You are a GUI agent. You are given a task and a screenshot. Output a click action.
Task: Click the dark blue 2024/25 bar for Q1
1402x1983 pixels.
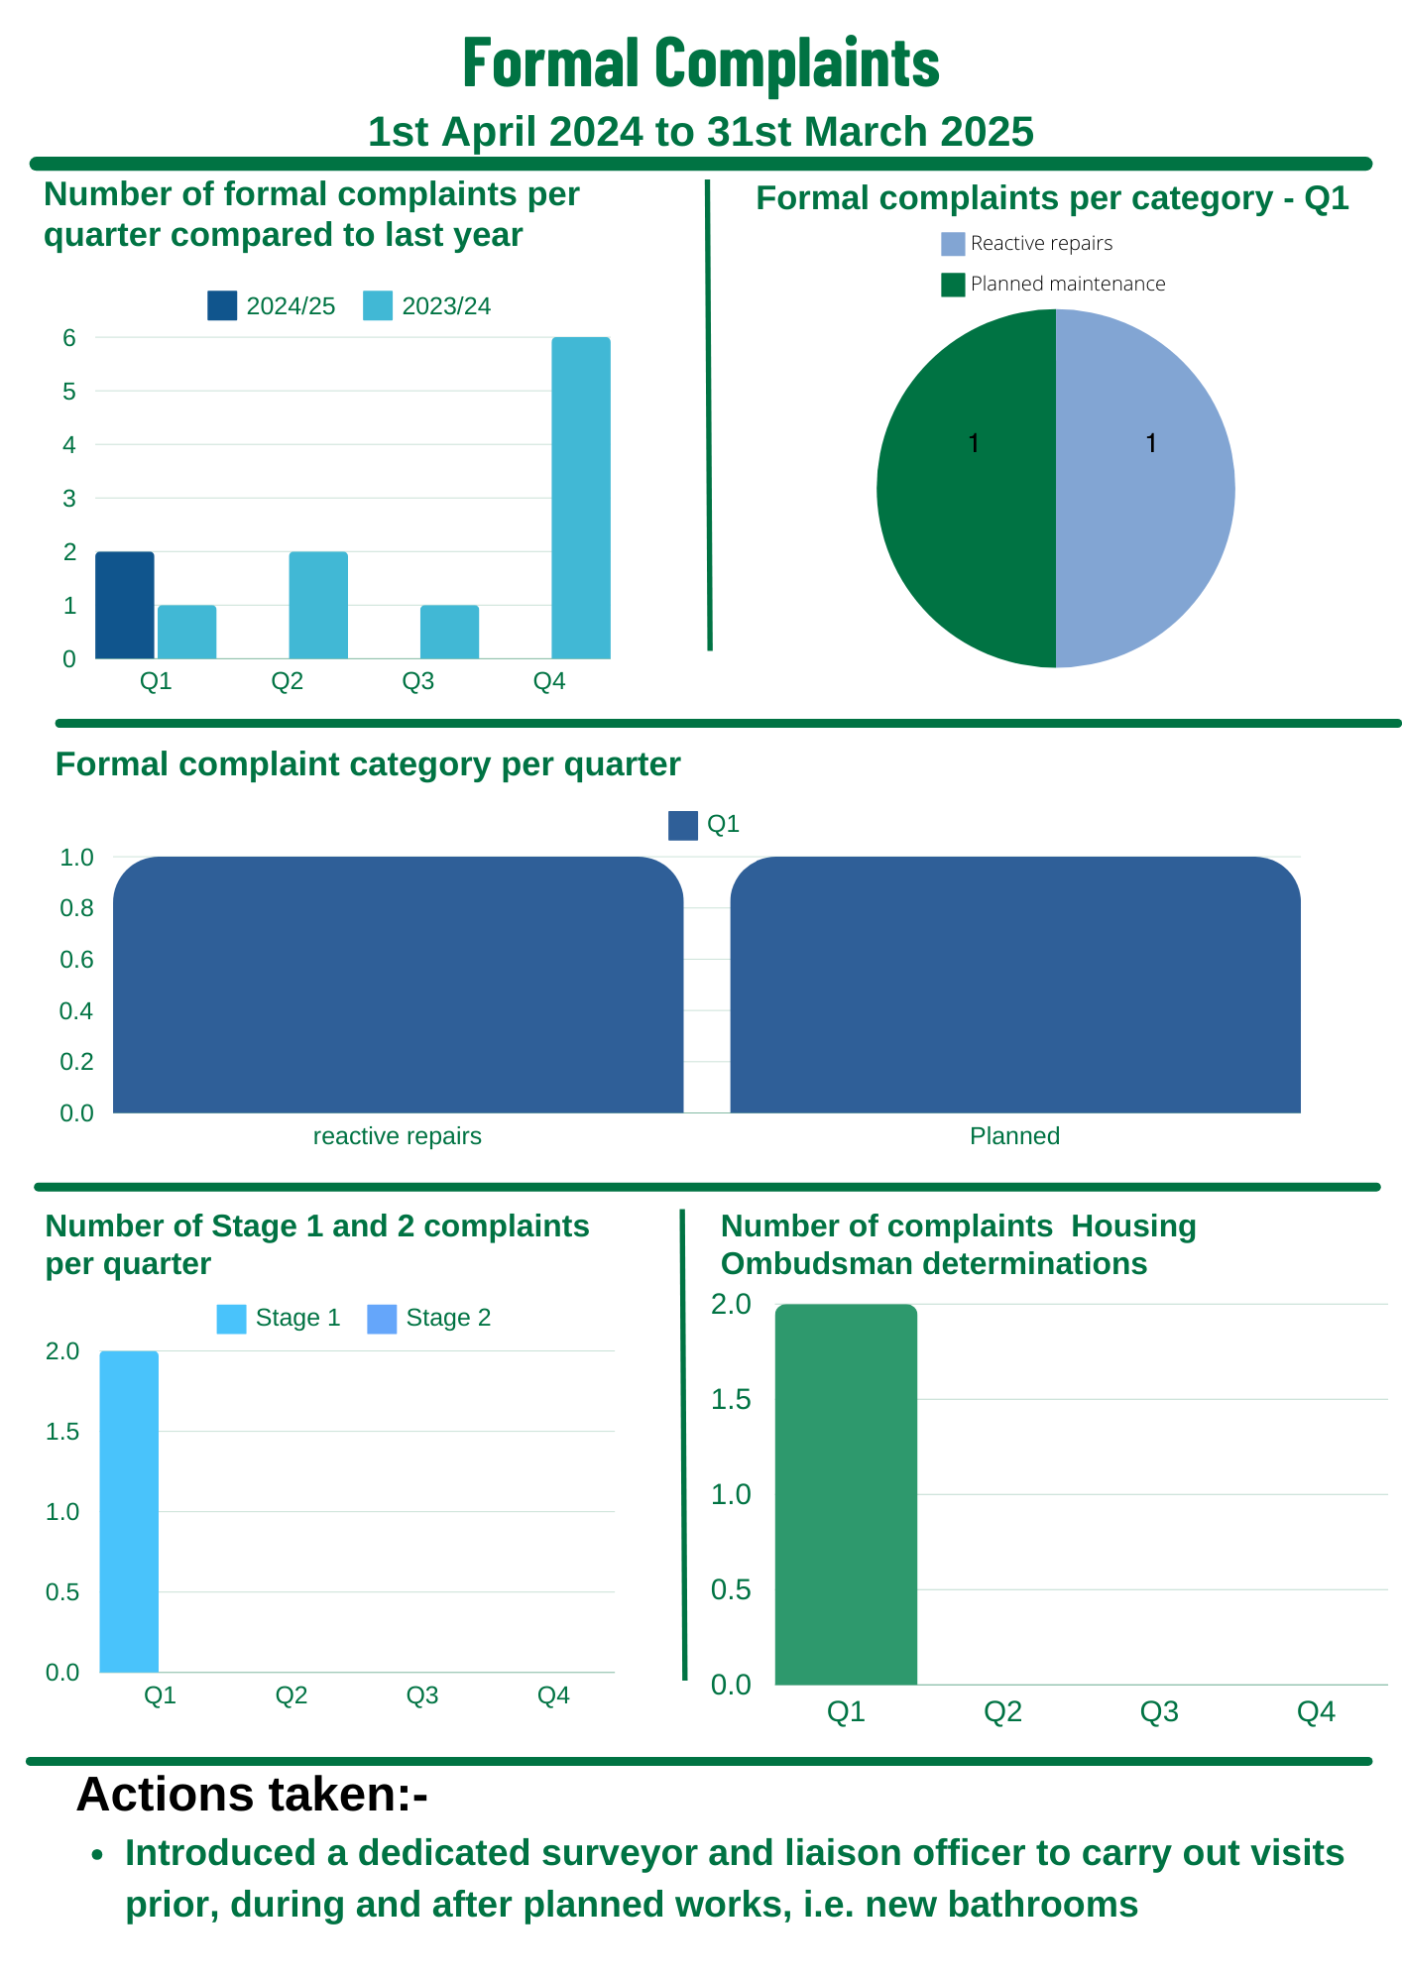click(125, 605)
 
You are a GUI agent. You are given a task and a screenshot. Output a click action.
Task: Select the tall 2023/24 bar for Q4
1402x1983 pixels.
click(581, 498)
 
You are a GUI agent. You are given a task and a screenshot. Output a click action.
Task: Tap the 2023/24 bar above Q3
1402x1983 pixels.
click(449, 632)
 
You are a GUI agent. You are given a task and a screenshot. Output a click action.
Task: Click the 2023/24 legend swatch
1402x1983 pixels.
click(378, 306)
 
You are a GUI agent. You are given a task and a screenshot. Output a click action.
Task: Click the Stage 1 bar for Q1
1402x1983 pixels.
click(129, 1511)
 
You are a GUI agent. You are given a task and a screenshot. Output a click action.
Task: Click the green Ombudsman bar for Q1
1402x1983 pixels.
click(846, 1494)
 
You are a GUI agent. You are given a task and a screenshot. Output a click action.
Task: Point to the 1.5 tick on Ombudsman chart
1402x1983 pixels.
click(731, 1399)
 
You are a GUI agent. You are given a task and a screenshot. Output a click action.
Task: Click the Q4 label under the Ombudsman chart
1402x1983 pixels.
click(1316, 1712)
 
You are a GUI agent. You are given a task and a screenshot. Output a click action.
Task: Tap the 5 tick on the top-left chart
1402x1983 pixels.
click(69, 392)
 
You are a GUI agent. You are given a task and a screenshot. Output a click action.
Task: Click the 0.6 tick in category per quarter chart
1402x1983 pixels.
click(76, 960)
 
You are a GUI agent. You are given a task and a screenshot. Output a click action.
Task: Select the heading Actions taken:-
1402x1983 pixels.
click(252, 1795)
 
